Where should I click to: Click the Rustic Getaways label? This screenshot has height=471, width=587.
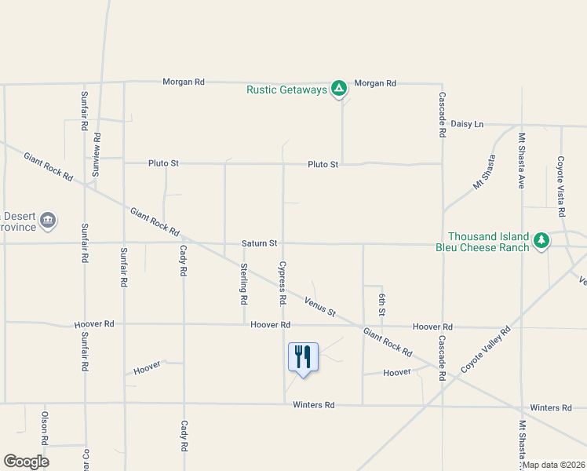286,89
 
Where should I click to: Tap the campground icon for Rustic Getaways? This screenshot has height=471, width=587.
339,89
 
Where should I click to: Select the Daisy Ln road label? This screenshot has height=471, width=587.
468,124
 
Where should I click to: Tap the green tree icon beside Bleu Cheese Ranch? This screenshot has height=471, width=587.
541,241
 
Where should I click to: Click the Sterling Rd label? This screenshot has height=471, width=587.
244,283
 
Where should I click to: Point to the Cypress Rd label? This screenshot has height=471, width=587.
282,283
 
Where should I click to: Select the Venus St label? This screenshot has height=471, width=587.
320,307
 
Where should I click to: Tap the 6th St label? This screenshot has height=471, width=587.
382,303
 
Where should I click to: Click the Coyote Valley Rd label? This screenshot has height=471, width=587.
486,349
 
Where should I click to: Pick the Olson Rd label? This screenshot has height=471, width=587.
46,428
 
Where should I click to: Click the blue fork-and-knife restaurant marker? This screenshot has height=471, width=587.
303,358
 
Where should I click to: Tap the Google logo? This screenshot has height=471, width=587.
26,462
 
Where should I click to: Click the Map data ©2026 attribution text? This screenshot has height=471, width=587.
552,465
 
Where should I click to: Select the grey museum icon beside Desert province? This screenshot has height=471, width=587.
48,221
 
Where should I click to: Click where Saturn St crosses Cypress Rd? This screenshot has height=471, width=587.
283,243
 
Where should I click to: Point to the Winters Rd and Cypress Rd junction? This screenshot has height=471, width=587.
284,404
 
